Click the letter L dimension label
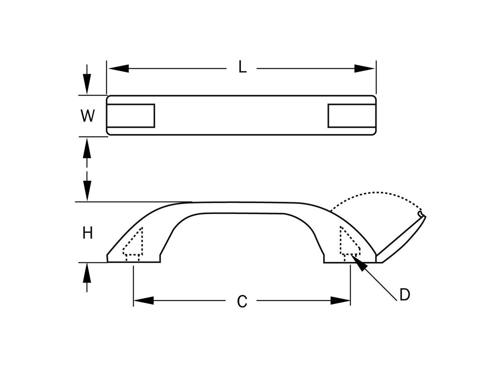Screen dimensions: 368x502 pos(242,68)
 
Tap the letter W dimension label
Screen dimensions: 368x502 pos(87,116)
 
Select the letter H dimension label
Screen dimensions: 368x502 pos(87,233)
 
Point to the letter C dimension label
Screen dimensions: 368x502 pos(242,301)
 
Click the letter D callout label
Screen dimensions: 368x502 pos(404,295)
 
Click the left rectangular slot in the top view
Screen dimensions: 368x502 pos(131,115)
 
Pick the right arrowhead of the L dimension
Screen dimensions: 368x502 pos(364,69)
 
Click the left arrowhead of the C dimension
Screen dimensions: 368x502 pos(143,301)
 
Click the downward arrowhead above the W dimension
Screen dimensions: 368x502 pos(87,86)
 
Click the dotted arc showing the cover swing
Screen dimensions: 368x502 pos(376,195)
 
